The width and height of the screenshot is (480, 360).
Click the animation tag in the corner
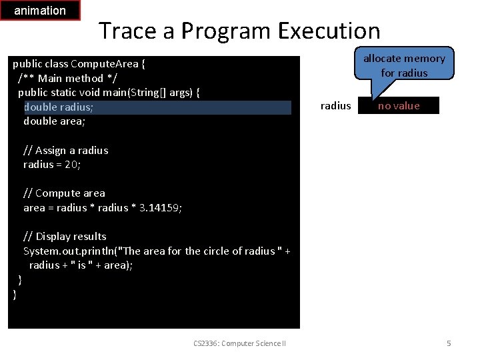tap(40, 11)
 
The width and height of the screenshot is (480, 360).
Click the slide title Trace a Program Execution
tap(239, 31)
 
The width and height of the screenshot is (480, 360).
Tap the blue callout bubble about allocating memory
tap(404, 65)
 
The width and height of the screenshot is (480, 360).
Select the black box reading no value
tap(399, 105)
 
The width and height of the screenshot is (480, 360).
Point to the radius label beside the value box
tap(335, 105)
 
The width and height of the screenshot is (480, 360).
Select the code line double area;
tap(54, 121)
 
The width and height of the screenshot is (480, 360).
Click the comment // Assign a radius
tap(65, 150)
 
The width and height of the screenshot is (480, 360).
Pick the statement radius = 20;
tap(51, 165)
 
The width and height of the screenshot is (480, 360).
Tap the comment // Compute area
tap(64, 193)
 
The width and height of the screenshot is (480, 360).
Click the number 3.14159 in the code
tap(159, 207)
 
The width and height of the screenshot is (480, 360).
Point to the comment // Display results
tap(65, 236)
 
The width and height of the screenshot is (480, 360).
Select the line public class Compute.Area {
tap(79, 64)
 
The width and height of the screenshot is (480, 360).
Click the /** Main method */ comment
tap(60, 78)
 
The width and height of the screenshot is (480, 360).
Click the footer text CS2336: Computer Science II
tap(239, 343)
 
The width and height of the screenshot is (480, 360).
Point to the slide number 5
tap(449, 343)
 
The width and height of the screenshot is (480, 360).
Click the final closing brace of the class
tap(15, 294)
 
